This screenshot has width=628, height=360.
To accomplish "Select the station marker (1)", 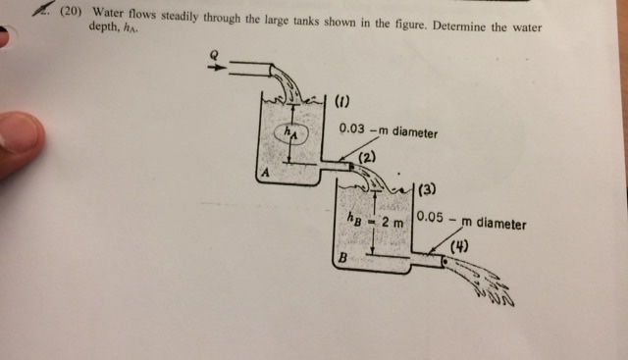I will [342, 100].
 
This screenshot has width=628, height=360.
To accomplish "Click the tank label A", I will [262, 173].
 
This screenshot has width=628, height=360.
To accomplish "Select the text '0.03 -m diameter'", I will [388, 129].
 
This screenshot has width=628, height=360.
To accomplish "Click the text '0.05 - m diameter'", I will [470, 221].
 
